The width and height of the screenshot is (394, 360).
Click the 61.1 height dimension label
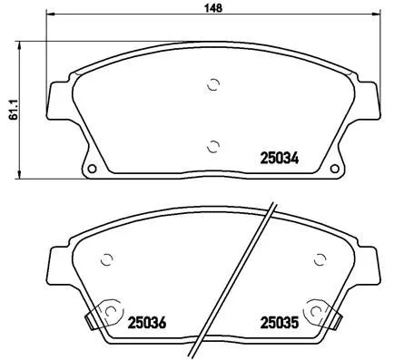[11, 108]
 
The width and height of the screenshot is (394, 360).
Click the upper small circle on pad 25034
[214, 85]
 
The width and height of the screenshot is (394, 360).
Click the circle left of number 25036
[109, 311]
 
